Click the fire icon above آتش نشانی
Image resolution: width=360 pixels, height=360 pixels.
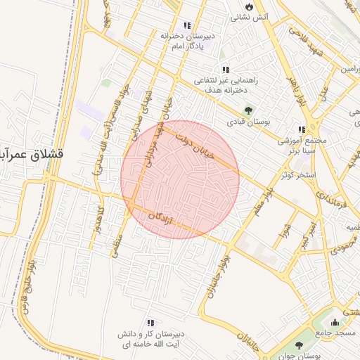pos(248,6)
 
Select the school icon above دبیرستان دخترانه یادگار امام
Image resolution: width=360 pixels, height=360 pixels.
pos(186,25)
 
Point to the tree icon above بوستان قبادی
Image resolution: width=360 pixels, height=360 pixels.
pos(247,110)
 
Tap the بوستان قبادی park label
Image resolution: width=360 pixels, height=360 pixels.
pos(247,122)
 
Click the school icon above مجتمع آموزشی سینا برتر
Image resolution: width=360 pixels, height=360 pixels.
pos(302,130)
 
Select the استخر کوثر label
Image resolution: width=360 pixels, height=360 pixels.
pos(298,174)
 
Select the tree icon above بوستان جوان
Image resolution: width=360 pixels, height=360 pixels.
pos(300,345)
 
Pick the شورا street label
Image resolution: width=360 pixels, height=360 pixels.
pos(284,233)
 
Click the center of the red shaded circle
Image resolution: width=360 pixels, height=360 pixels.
pos(180,180)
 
